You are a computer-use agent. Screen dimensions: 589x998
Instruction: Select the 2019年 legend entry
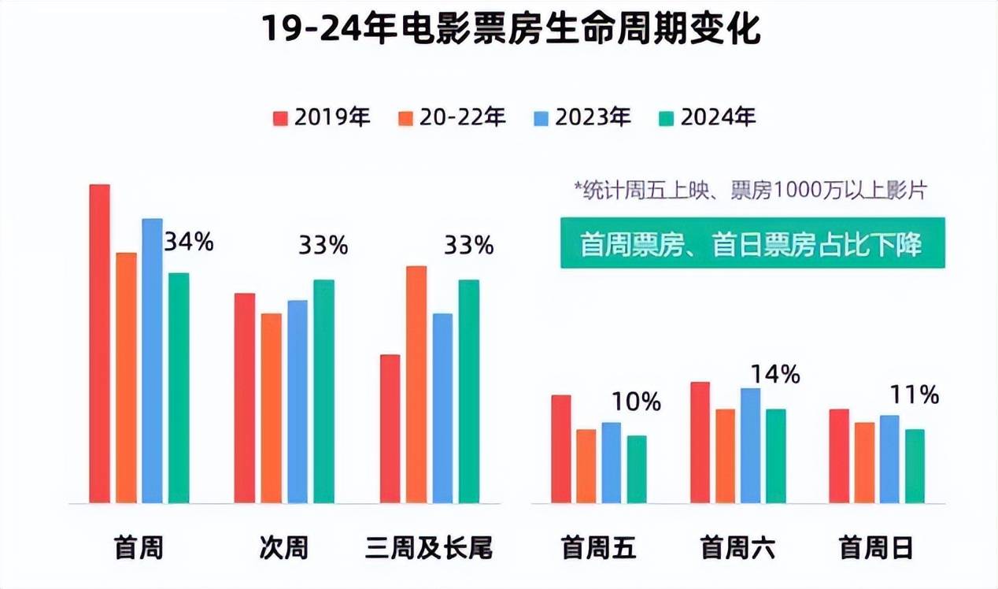(x=321, y=118)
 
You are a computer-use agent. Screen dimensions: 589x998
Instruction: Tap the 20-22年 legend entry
(x=453, y=118)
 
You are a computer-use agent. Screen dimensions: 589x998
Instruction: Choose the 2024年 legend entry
(x=707, y=118)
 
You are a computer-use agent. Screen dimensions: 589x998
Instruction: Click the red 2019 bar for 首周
(x=100, y=343)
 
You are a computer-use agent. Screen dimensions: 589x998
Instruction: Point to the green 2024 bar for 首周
(x=179, y=387)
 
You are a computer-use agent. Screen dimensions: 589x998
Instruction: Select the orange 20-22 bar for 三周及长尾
(x=416, y=384)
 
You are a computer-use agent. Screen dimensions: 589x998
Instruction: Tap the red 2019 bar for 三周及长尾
(x=390, y=428)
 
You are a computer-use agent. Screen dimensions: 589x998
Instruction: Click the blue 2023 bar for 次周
(x=298, y=402)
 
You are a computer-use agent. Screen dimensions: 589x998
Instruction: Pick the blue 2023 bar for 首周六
(x=751, y=446)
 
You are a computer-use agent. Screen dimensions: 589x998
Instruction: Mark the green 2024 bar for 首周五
(x=637, y=469)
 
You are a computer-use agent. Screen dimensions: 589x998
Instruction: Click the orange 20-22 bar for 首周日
(x=864, y=463)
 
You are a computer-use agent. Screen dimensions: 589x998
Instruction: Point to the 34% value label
(x=189, y=242)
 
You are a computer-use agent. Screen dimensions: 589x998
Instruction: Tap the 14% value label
(x=775, y=375)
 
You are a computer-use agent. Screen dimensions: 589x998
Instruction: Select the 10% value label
(x=636, y=402)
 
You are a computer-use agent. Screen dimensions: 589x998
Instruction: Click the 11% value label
(x=915, y=395)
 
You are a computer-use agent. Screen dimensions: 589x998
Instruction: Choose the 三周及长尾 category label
(x=429, y=548)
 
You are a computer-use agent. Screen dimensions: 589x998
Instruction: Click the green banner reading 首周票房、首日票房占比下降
(x=752, y=244)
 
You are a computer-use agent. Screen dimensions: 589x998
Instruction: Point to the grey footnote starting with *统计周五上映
(x=751, y=191)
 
